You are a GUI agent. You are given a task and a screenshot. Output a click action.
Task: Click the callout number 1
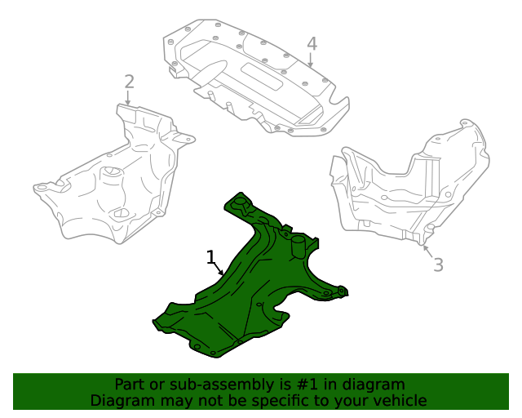211,259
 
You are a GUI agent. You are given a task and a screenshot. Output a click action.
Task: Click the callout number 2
129,81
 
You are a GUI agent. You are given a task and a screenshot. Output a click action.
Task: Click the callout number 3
438,264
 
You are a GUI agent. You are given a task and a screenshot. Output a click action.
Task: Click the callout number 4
312,43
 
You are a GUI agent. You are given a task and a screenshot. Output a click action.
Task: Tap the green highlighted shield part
245,302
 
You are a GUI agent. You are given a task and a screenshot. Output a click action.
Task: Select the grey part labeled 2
122,184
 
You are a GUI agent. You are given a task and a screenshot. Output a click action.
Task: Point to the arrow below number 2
128,98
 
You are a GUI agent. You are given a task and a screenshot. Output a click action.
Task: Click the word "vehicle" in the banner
399,401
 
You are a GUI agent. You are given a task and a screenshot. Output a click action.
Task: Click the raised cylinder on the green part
299,245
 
